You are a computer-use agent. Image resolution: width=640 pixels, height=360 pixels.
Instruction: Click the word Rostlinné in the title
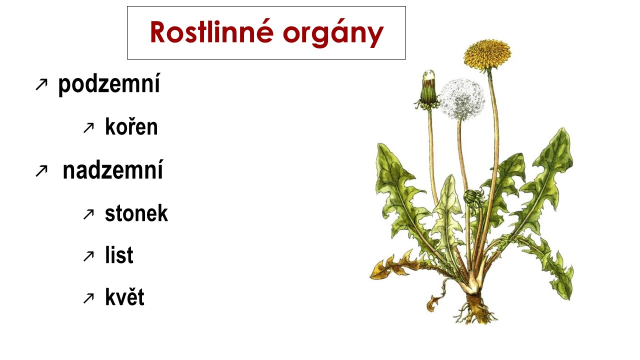coord(212,33)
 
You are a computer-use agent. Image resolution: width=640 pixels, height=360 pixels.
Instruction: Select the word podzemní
coord(109,84)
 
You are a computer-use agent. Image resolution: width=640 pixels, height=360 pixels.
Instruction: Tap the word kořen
coord(131,127)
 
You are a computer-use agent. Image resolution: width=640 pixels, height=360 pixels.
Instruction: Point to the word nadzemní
coord(113,171)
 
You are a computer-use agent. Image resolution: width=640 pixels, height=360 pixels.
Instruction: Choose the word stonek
coord(136,213)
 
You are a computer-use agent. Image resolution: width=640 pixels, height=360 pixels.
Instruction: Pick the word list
coord(119,255)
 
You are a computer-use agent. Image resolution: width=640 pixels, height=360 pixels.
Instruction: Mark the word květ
coord(124,297)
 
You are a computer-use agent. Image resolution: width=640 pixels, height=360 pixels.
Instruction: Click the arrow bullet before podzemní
coord(40,85)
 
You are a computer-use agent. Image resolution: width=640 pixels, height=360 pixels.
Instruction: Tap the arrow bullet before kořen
coord(88,128)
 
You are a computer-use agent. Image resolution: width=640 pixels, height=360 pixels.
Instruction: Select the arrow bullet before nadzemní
coord(40,171)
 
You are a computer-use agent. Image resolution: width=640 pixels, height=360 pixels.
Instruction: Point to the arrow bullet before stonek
coord(88,214)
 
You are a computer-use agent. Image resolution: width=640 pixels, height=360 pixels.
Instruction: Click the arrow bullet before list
coord(88,256)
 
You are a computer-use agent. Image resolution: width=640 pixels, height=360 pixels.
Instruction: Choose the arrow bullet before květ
coord(88,298)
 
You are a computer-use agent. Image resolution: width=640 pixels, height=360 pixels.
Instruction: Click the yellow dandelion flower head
coord(487,54)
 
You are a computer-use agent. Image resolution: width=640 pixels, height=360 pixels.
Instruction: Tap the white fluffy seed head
coord(462,98)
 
